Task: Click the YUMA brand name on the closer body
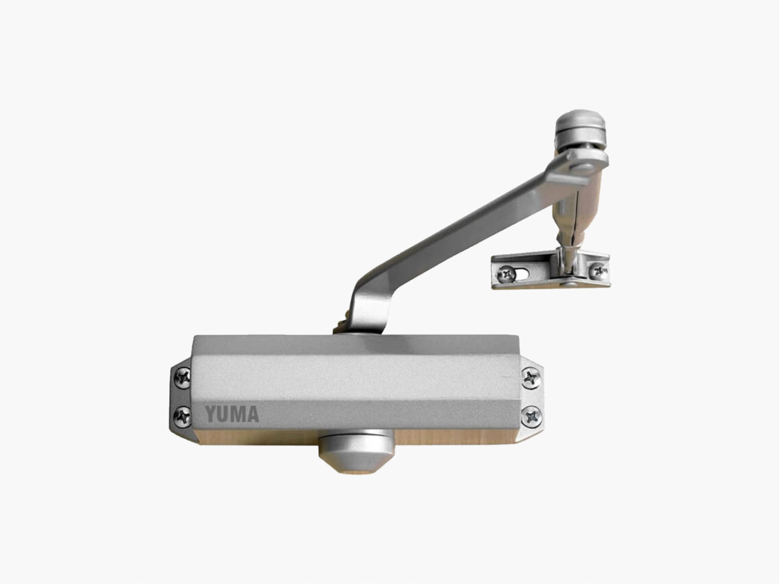pyautogui.click(x=231, y=414)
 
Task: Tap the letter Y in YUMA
pyautogui.click(x=211, y=414)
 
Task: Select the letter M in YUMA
pyautogui.click(x=238, y=414)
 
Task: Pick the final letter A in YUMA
pyautogui.click(x=252, y=414)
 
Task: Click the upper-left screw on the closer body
pyautogui.click(x=183, y=378)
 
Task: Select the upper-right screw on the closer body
pyautogui.click(x=531, y=378)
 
